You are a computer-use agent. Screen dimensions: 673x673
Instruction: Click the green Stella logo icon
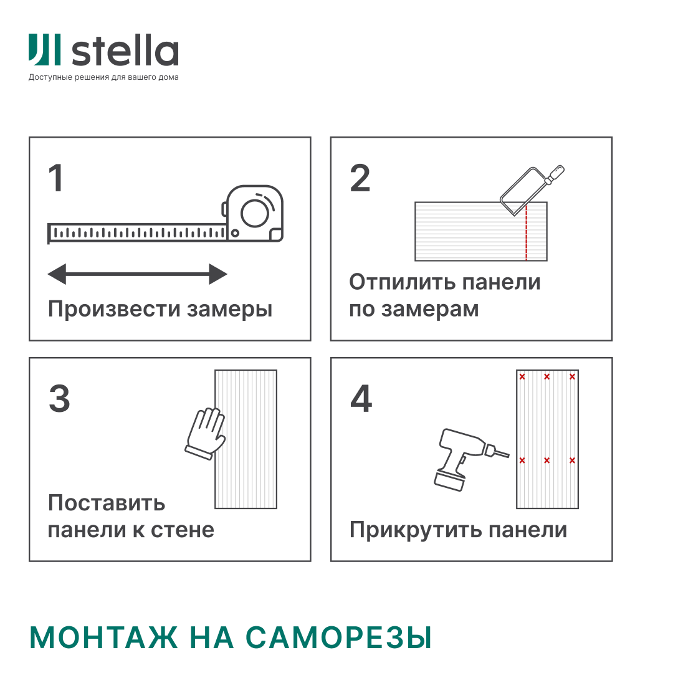45,50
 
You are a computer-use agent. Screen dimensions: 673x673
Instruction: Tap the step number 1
56,178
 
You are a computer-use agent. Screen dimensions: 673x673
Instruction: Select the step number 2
360,178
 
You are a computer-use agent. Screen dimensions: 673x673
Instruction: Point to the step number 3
59,398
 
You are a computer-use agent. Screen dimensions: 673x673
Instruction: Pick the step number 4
361,398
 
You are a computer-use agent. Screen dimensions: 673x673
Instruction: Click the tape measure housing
253,213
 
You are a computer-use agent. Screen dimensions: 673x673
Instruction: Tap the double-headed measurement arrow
137,274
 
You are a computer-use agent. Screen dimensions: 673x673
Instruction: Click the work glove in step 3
206,434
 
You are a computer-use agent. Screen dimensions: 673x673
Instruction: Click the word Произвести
114,309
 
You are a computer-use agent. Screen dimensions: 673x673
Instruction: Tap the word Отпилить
402,282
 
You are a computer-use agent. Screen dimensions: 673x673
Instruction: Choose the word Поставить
107,503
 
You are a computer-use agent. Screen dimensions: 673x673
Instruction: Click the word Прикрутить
416,530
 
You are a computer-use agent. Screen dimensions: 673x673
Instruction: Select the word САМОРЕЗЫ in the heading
338,637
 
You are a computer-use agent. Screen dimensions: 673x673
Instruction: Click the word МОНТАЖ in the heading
103,637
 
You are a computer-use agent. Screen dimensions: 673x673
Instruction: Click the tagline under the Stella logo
103,77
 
